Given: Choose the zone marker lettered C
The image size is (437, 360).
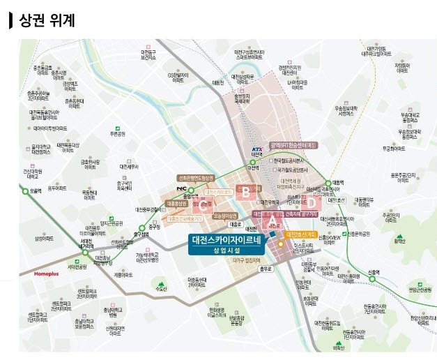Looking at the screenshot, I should pos(203,204).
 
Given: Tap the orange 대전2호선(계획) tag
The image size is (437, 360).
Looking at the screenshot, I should pos(302,234).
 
